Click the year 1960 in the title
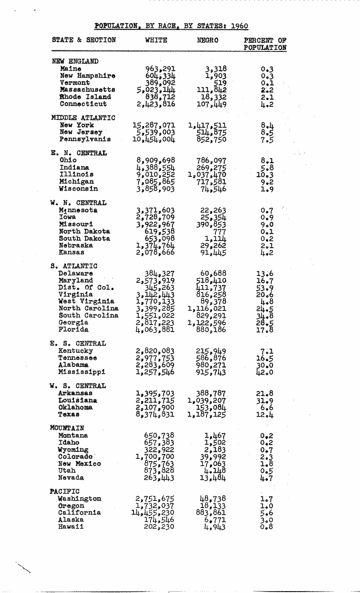tap(240, 26)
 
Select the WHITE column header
tap(156, 41)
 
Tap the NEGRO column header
tap(208, 41)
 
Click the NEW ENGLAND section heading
tap(75, 61)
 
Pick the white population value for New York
tap(154, 125)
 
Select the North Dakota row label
tap(84, 232)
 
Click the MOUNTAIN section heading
tap(67, 428)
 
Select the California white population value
tap(153, 512)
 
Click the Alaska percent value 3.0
tap(267, 519)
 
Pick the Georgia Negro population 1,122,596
tap(207, 323)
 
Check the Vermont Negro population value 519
tap(218, 83)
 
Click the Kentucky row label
tap(75, 351)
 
